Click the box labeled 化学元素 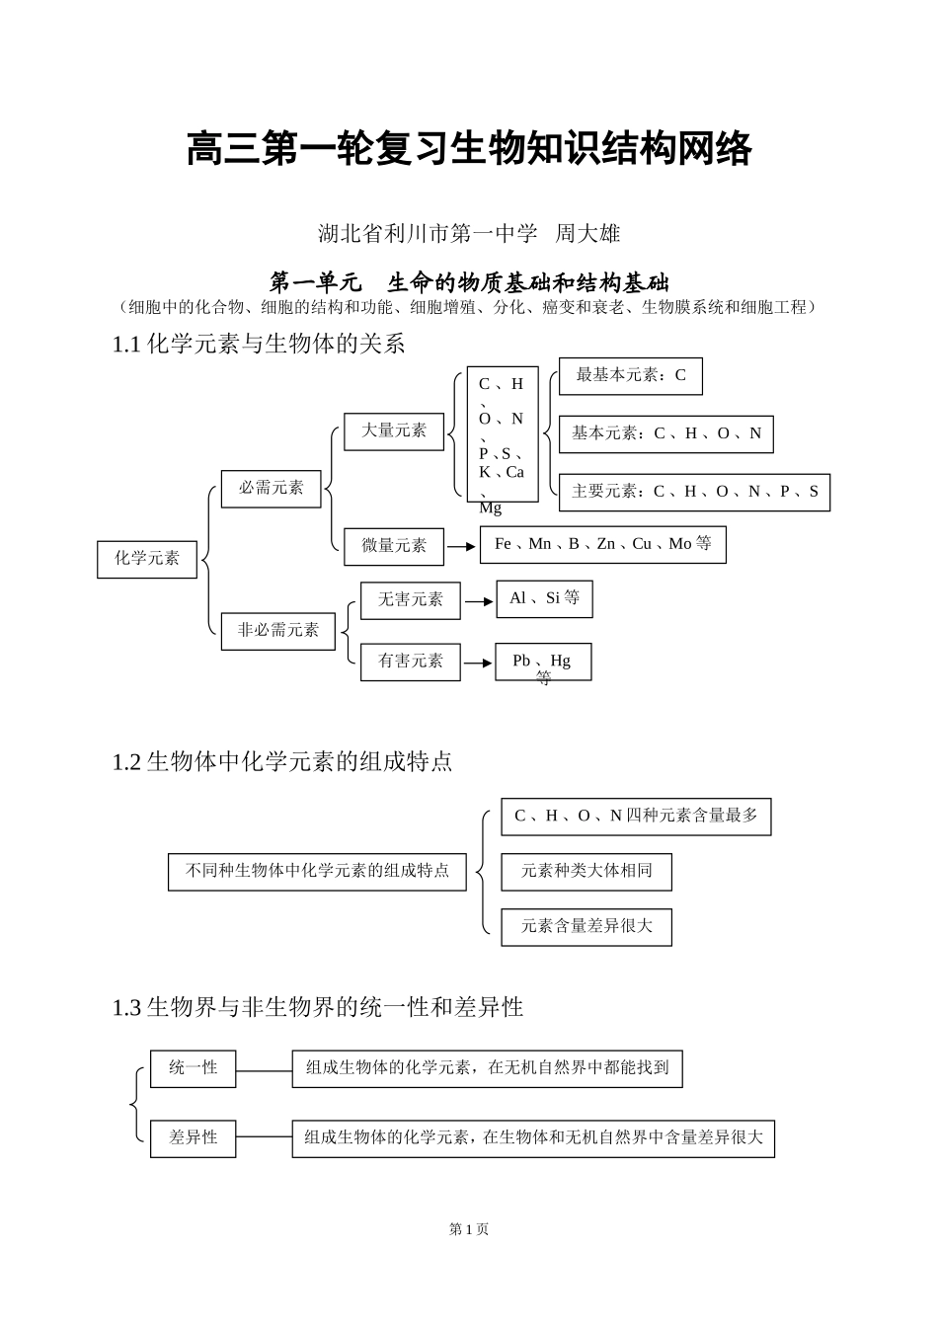coord(147,559)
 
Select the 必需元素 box coord(271,489)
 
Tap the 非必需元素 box coord(277,630)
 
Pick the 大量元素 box coord(393,431)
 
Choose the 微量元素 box coord(393,546)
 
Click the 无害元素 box coord(410,600)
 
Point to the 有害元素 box coord(410,662)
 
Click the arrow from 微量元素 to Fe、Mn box coord(461,546)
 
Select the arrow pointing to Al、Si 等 coord(478,600)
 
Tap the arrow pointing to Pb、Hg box coord(478,663)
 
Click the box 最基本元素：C coord(630,376)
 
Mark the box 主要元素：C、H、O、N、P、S coord(694,492)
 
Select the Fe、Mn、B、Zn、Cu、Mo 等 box coord(602,544)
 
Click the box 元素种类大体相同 coord(586,871)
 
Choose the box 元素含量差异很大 coord(586,927)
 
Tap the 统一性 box coord(193,1068)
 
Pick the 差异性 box coord(193,1138)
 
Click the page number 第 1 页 coord(469,1229)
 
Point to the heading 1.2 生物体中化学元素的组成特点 coord(282,762)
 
